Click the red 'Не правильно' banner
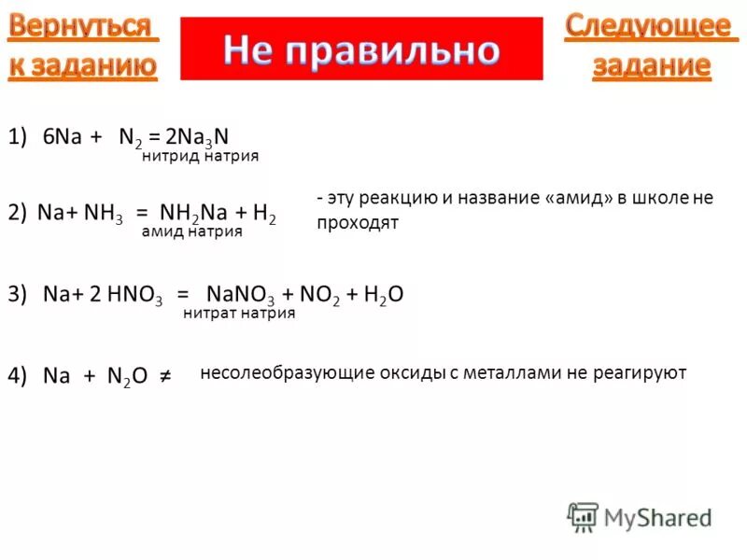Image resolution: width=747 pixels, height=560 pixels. pyautogui.click(x=360, y=49)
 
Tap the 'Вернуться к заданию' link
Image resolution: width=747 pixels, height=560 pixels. pyautogui.click(x=83, y=46)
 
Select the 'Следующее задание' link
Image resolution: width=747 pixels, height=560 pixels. pyautogui.click(x=648, y=46)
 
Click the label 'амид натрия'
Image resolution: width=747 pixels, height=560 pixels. pyautogui.click(x=191, y=231)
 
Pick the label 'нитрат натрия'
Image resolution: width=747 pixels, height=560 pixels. pyautogui.click(x=239, y=314)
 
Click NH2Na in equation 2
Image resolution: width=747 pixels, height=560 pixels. pyautogui.click(x=195, y=214)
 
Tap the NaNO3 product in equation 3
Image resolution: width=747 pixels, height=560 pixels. pyautogui.click(x=241, y=295)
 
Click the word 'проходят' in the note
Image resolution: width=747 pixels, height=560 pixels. pyautogui.click(x=358, y=222)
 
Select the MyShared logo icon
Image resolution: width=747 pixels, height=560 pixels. pyautogui.click(x=582, y=516)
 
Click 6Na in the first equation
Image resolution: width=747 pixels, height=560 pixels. pyautogui.click(x=63, y=137)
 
